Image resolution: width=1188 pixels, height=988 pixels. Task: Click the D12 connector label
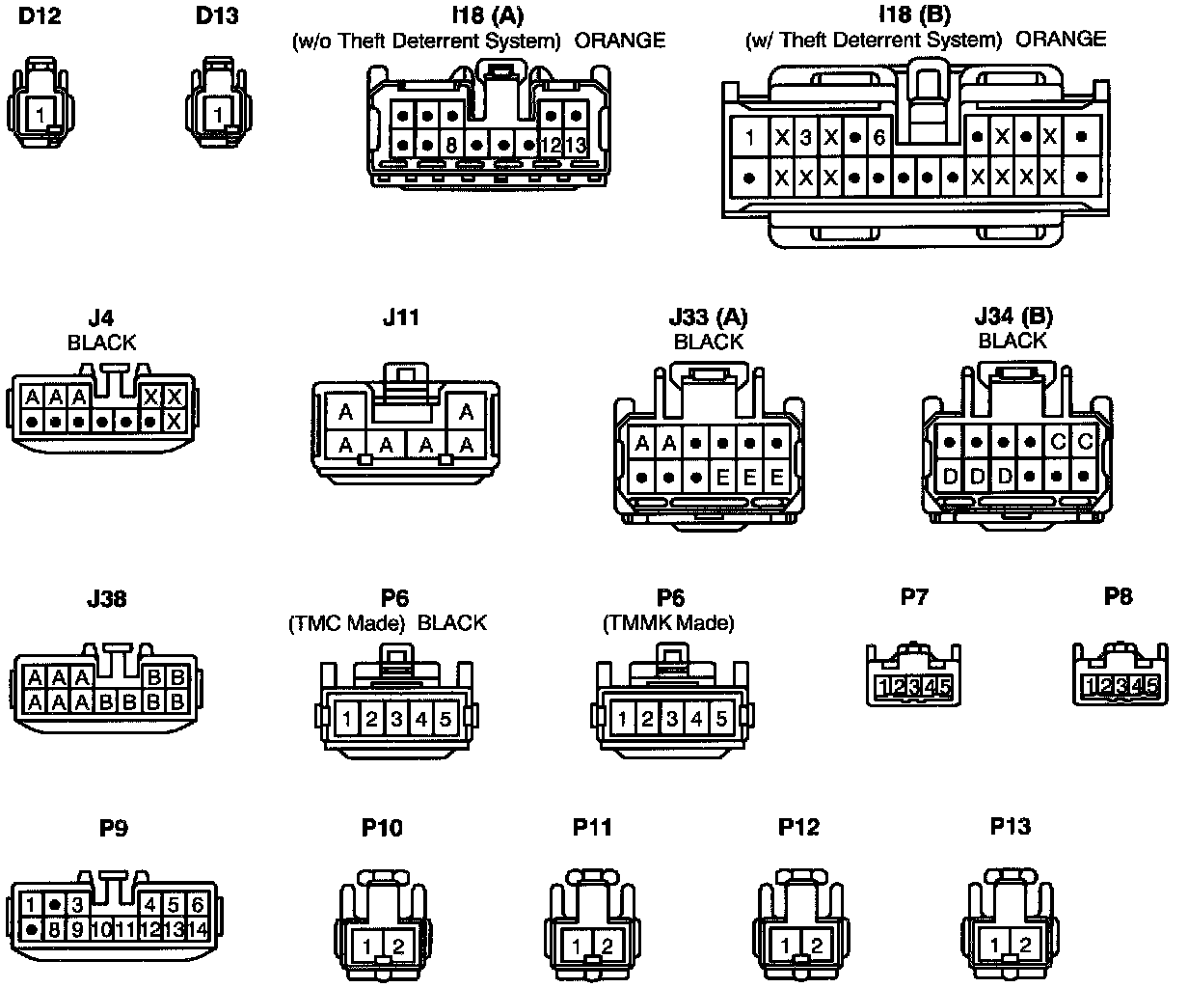(40, 16)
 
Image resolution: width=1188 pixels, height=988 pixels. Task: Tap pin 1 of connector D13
(218, 114)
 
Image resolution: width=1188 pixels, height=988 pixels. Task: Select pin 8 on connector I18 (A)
(451, 146)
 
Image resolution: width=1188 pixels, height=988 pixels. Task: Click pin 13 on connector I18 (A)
(575, 146)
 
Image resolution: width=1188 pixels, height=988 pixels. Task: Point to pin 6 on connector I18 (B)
(878, 137)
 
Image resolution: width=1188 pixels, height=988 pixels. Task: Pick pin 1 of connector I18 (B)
(749, 137)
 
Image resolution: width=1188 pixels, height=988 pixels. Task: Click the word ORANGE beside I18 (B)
(1061, 40)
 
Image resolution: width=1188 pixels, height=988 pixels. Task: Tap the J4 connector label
(100, 317)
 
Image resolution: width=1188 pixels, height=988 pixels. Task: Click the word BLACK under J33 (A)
(708, 342)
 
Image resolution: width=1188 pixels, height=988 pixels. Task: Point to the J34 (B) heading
(1013, 316)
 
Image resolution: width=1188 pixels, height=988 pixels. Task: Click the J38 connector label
(106, 599)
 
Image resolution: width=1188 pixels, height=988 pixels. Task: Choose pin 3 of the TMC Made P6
(396, 719)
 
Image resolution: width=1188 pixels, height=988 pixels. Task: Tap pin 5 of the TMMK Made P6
(721, 719)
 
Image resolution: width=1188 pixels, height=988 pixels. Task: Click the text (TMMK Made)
(668, 623)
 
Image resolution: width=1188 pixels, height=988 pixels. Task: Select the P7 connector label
(913, 596)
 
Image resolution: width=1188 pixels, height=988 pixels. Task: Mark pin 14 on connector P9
(198, 930)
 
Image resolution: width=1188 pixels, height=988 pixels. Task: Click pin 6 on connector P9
(198, 905)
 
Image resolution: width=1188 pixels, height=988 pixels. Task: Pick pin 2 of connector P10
(399, 946)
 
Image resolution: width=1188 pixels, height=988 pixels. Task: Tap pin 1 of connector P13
(1000, 946)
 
